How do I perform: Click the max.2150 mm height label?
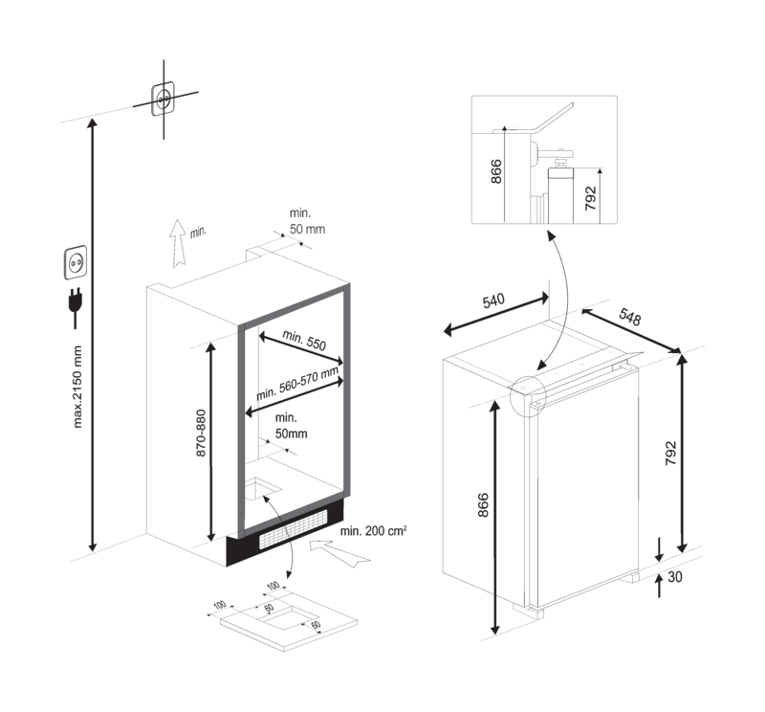coord(77,387)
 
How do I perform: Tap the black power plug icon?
coord(76,306)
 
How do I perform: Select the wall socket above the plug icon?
coord(76,263)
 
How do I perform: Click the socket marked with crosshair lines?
coord(163,100)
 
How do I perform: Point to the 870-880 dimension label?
coord(201,433)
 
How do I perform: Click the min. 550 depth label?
coord(304,340)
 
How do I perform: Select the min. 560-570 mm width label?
coord(297,384)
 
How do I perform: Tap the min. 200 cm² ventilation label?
coord(374,530)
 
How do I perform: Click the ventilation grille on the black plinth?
coord(294,528)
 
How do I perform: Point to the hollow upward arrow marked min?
coord(178,243)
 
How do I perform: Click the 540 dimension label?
coord(493,300)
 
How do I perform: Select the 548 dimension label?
coord(629,317)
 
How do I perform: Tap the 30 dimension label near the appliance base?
coord(675,577)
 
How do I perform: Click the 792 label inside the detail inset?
coord(590,198)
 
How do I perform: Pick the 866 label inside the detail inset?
coord(495,171)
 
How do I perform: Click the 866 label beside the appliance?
coord(483,505)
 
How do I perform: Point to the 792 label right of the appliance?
coord(671,453)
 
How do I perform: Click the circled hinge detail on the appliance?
coord(528,395)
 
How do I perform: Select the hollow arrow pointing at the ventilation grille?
coord(339,553)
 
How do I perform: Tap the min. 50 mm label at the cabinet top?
coord(307,221)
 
